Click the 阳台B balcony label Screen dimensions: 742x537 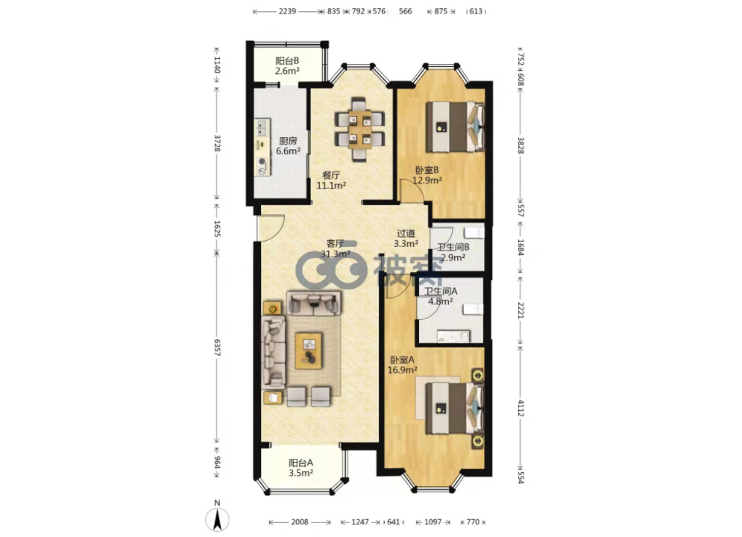(287, 61)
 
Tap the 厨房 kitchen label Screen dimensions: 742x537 (288, 141)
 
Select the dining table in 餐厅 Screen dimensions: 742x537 (359, 129)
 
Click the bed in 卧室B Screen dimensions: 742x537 (455, 127)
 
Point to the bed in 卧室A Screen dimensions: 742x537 (455, 408)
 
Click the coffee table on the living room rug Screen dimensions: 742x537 (309, 351)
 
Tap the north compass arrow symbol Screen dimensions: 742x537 (217, 519)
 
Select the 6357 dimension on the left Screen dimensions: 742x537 (217, 348)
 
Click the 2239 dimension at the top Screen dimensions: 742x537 (287, 11)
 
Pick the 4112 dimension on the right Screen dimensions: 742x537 (521, 408)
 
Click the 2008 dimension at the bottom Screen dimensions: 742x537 (300, 522)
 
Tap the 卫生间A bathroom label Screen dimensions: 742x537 (441, 292)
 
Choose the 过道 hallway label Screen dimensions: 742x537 (406, 233)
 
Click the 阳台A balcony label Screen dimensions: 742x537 (301, 462)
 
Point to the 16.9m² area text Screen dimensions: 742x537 (402, 370)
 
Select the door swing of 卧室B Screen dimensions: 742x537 (412, 191)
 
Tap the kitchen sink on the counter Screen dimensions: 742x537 (262, 126)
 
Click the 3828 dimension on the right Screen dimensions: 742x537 (521, 145)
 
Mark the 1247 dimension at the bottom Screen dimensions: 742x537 (360, 522)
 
